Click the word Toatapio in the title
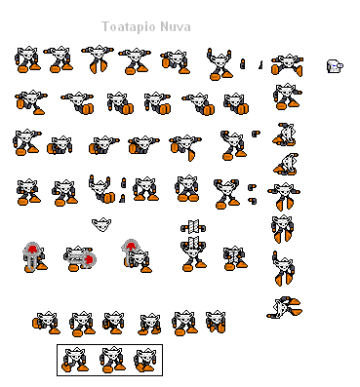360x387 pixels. click(x=132, y=26)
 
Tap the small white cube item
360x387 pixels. click(x=334, y=66)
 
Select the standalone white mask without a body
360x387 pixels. click(x=101, y=224)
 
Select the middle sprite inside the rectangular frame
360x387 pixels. click(x=109, y=358)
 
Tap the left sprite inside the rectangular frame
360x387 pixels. click(x=74, y=358)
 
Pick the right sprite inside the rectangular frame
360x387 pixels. click(x=144, y=358)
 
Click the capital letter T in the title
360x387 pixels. click(x=106, y=26)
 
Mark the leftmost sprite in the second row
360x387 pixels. click(x=27, y=100)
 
